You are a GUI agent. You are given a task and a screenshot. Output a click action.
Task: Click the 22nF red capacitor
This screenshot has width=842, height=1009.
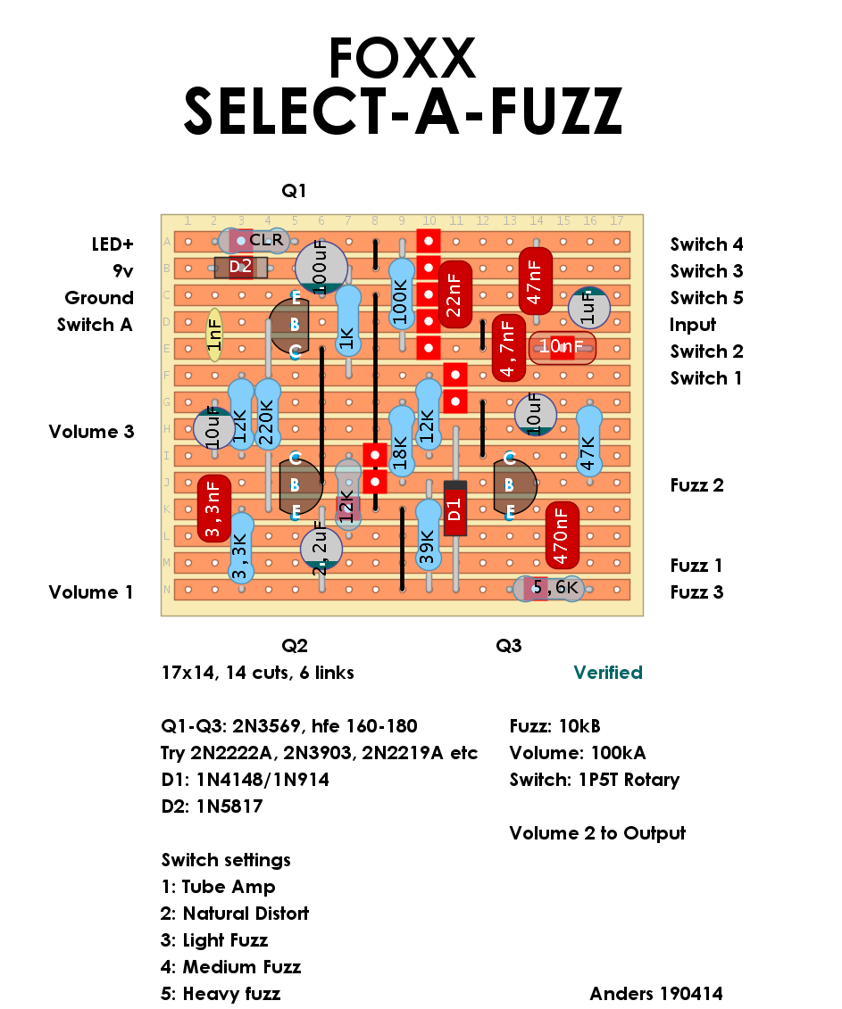click(x=455, y=294)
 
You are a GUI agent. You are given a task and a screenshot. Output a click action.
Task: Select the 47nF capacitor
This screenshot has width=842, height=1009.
click(x=536, y=281)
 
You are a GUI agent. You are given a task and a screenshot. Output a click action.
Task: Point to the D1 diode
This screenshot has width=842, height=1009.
click(x=455, y=509)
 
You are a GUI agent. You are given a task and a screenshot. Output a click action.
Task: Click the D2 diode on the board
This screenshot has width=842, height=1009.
click(x=241, y=267)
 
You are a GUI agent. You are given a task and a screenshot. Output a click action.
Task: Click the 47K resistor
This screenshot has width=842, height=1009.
click(x=588, y=442)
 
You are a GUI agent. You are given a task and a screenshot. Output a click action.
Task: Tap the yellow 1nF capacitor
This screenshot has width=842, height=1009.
click(x=214, y=335)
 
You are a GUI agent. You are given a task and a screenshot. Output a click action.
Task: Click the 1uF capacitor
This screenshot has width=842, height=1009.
click(x=588, y=309)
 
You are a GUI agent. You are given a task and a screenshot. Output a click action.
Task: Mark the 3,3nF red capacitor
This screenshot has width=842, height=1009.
click(x=214, y=509)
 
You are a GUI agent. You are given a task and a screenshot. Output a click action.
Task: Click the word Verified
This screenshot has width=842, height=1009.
click(x=607, y=673)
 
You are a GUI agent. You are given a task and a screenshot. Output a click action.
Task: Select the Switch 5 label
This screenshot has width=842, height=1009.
click(x=706, y=298)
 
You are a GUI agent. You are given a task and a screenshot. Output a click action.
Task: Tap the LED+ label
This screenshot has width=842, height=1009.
click(x=112, y=244)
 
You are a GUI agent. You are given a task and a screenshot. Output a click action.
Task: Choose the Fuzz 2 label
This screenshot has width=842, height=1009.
click(x=696, y=485)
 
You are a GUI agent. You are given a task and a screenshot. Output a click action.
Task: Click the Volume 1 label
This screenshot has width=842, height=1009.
click(x=91, y=592)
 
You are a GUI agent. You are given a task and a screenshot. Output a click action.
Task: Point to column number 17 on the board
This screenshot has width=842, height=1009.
click(x=616, y=220)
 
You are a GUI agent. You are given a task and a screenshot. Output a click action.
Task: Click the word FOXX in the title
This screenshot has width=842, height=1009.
click(x=402, y=59)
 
